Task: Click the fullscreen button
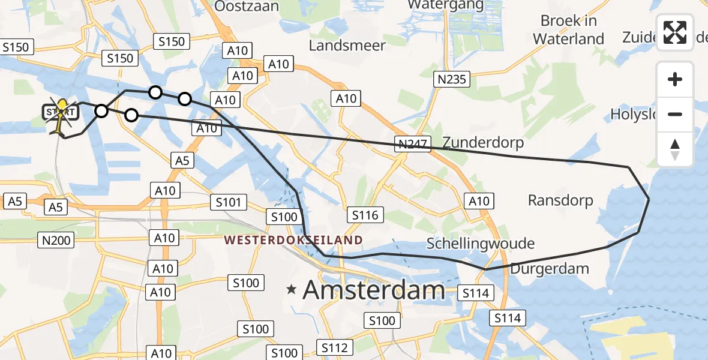click(x=675, y=32)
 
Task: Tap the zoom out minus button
click(x=675, y=114)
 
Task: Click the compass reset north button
click(x=675, y=149)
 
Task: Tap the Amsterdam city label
click(x=374, y=290)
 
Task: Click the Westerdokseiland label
click(x=293, y=241)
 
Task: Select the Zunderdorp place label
click(x=483, y=143)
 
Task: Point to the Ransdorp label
click(x=560, y=200)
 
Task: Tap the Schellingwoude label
click(x=480, y=244)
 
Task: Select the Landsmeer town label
click(x=347, y=46)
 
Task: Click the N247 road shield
click(x=412, y=143)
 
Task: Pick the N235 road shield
click(x=452, y=79)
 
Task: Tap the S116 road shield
click(x=365, y=215)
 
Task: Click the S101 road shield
click(x=228, y=202)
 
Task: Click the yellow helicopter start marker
click(x=61, y=114)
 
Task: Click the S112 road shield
click(x=334, y=347)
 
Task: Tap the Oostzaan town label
click(x=247, y=6)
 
